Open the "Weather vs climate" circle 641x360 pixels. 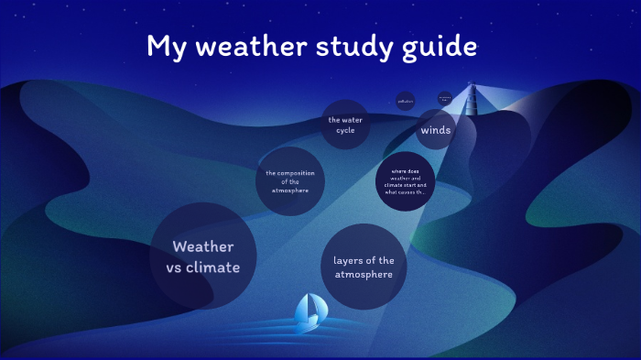tap(203, 256)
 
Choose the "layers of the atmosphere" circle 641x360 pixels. tap(364, 267)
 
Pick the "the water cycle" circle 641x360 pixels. tap(345, 125)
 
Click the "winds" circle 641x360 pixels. tap(436, 130)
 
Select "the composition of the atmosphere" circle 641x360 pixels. tap(290, 181)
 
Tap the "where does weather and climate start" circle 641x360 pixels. tap(405, 181)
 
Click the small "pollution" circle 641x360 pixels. tap(406, 101)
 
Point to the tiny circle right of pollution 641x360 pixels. tap(445, 97)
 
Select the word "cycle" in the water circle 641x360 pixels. tap(345, 130)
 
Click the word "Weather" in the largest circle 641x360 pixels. tap(203, 246)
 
